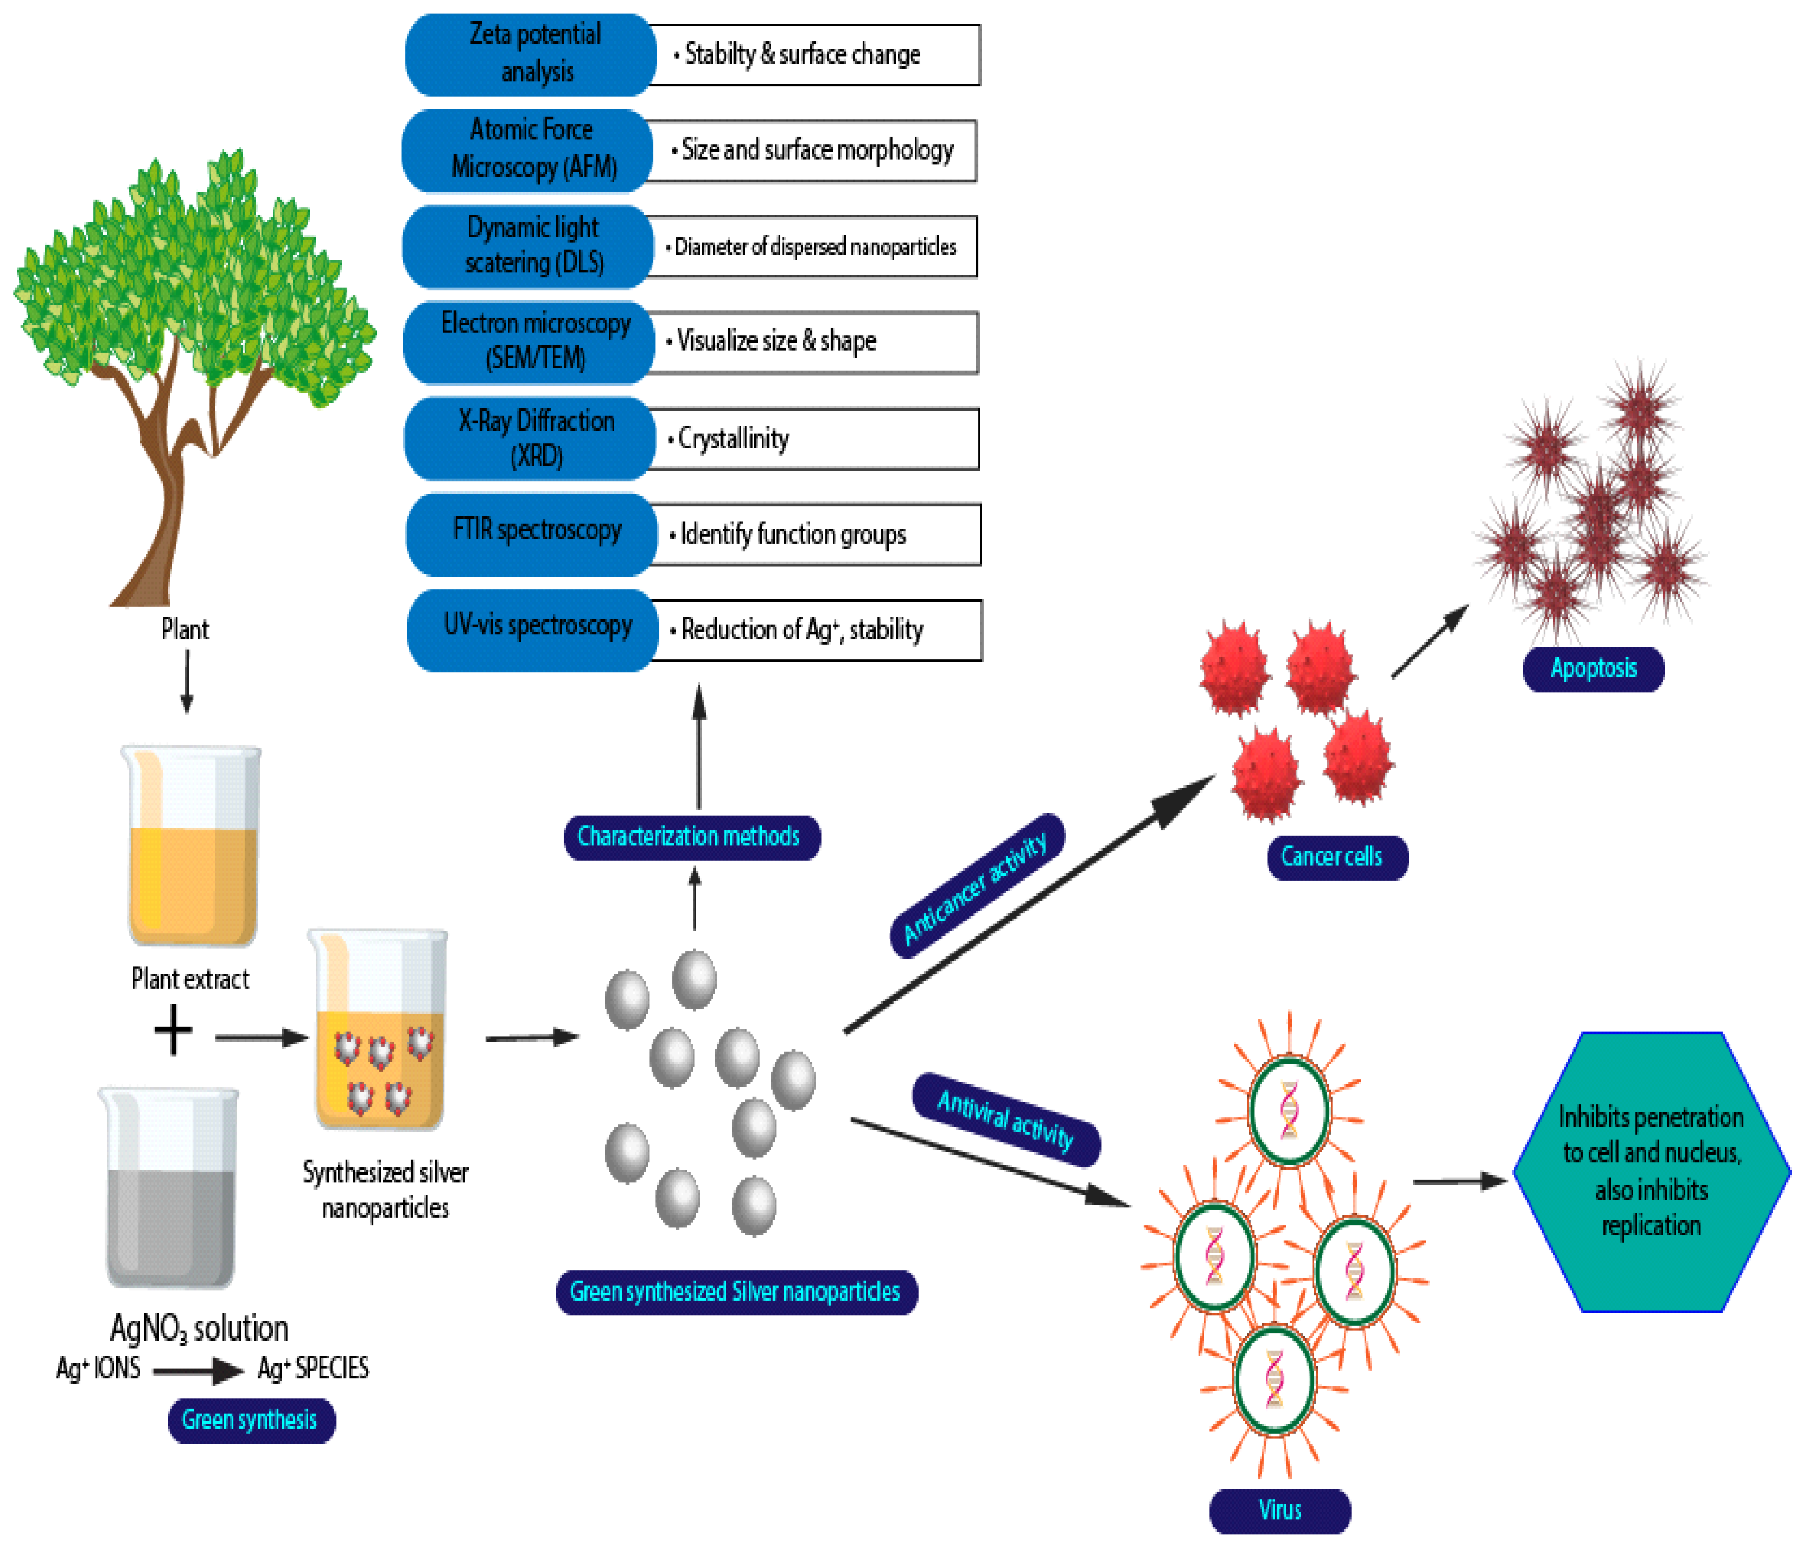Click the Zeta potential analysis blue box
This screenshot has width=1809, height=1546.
tap(531, 54)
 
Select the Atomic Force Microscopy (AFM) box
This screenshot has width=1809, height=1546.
tap(527, 150)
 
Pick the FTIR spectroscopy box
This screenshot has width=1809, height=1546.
tap(532, 535)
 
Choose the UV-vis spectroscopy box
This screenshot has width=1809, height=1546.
tap(533, 630)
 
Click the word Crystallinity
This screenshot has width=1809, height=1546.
tap(734, 438)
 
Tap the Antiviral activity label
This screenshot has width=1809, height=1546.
tap(1006, 1119)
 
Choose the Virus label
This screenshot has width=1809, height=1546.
tap(1280, 1511)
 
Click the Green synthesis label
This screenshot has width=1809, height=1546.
tap(251, 1420)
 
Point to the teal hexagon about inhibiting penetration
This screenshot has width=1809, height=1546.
tap(1652, 1172)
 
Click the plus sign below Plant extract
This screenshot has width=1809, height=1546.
tap(173, 1030)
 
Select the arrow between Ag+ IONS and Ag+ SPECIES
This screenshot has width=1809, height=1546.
tap(198, 1371)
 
